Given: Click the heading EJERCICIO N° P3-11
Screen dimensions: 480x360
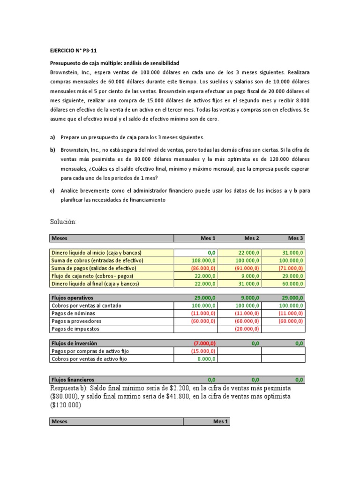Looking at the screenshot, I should [x=73, y=51].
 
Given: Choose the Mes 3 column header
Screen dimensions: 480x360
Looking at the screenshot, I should [x=296, y=238].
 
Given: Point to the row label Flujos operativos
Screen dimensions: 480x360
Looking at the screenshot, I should [x=73, y=298].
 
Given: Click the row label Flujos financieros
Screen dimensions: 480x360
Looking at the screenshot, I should [x=73, y=379].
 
